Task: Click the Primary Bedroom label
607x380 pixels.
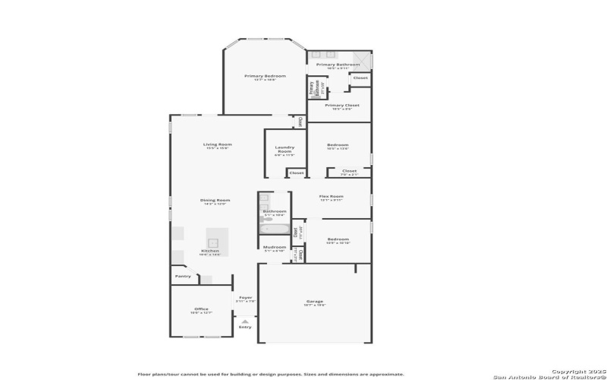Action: coord(265,77)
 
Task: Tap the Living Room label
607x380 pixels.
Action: coord(217,144)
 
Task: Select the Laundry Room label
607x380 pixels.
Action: coord(284,150)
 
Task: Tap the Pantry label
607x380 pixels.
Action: coord(183,277)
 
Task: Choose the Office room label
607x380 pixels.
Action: coord(201,309)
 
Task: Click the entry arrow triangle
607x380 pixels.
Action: coord(245,321)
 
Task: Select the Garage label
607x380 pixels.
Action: coord(315,302)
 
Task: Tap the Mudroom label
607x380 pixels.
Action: coord(275,247)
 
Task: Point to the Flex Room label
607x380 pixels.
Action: coord(332,197)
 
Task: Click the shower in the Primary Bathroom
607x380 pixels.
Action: coord(363,59)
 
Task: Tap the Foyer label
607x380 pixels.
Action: coord(245,297)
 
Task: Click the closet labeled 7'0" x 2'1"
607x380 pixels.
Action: coord(349,173)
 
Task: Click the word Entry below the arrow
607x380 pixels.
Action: coord(245,328)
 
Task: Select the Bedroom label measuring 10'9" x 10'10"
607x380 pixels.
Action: coord(338,239)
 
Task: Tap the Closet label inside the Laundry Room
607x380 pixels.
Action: coord(297,173)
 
